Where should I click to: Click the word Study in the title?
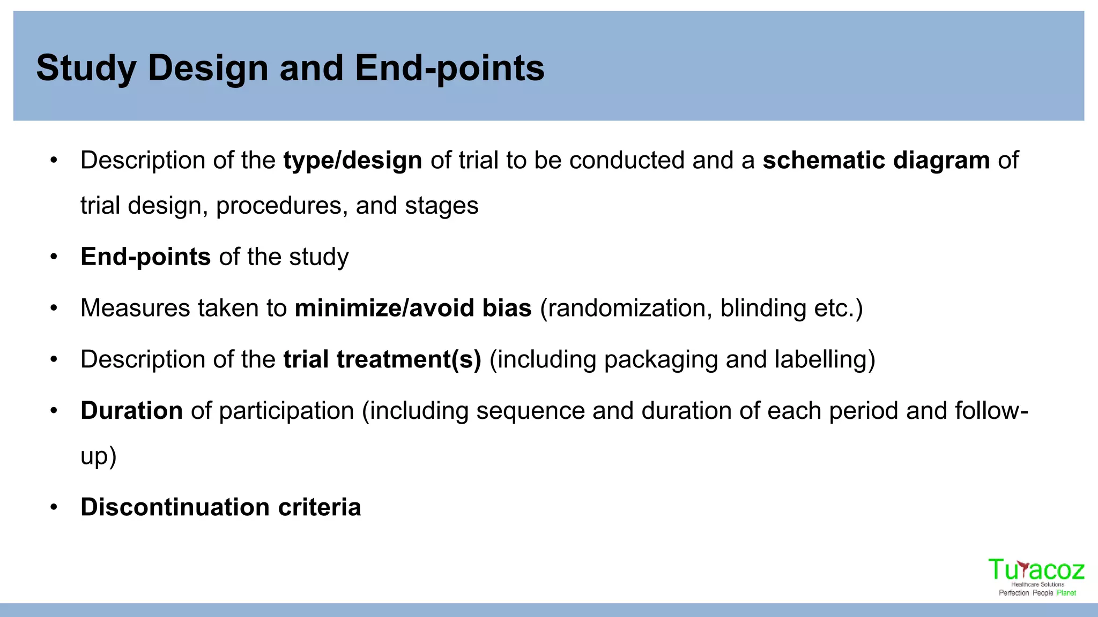(x=86, y=69)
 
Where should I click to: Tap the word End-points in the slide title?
(x=449, y=69)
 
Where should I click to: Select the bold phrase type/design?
(x=352, y=161)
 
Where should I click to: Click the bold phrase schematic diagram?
(x=876, y=161)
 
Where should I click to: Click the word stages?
(x=441, y=206)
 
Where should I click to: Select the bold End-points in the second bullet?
(x=145, y=257)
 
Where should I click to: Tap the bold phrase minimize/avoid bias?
(x=413, y=308)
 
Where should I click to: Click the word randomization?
(x=629, y=308)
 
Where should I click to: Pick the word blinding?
(x=762, y=308)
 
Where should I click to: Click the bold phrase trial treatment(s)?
(x=382, y=359)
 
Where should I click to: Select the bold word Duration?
(x=131, y=411)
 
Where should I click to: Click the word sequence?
(x=530, y=411)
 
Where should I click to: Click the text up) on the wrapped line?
(x=98, y=457)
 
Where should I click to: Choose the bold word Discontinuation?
(x=175, y=507)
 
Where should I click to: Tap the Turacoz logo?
(x=1036, y=576)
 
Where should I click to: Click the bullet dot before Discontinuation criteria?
(x=54, y=507)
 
